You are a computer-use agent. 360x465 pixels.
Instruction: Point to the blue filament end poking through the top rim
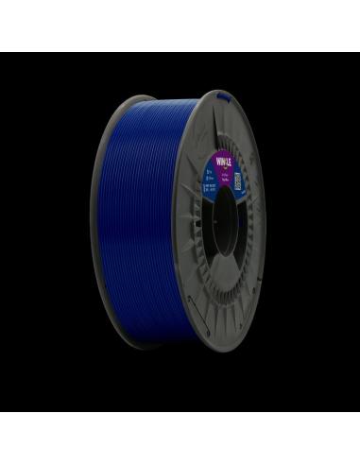point(218,95)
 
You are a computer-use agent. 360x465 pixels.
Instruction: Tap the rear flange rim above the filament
point(142,98)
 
